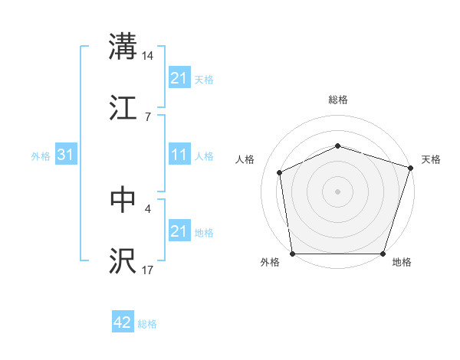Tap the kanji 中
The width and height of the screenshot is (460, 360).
[x=123, y=199]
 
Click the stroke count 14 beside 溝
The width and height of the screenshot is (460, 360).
[x=148, y=55]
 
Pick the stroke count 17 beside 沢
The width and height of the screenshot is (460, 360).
[x=148, y=270]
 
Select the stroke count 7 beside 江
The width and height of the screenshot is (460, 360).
[x=148, y=117]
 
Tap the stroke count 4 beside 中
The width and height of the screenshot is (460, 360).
[x=148, y=208]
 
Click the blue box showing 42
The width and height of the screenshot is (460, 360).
[x=123, y=323]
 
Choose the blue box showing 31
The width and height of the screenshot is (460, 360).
[x=66, y=155]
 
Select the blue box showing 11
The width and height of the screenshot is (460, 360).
[x=179, y=155]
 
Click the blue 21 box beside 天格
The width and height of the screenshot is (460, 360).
[x=179, y=78]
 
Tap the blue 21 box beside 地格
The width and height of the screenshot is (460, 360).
[x=179, y=231]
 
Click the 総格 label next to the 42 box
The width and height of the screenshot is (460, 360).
[x=147, y=324]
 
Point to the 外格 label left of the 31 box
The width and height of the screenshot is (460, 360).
[x=41, y=156]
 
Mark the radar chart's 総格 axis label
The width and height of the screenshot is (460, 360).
[x=338, y=100]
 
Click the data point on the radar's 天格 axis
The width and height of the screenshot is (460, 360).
[x=410, y=168]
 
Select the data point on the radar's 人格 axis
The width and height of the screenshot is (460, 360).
[x=280, y=172]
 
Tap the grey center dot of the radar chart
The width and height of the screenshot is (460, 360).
[x=338, y=191]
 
